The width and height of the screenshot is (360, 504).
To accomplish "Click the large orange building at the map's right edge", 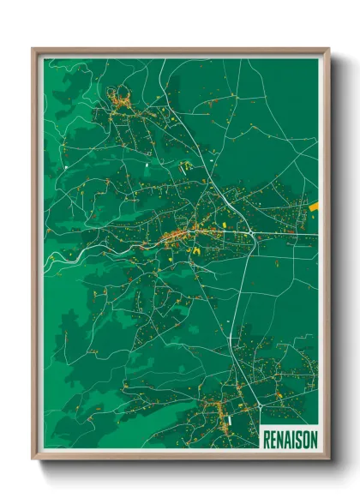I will click(313, 206).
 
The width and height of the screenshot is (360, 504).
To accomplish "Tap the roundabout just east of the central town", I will click(249, 232).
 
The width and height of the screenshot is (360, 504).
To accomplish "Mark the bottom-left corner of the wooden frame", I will click(33, 460).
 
